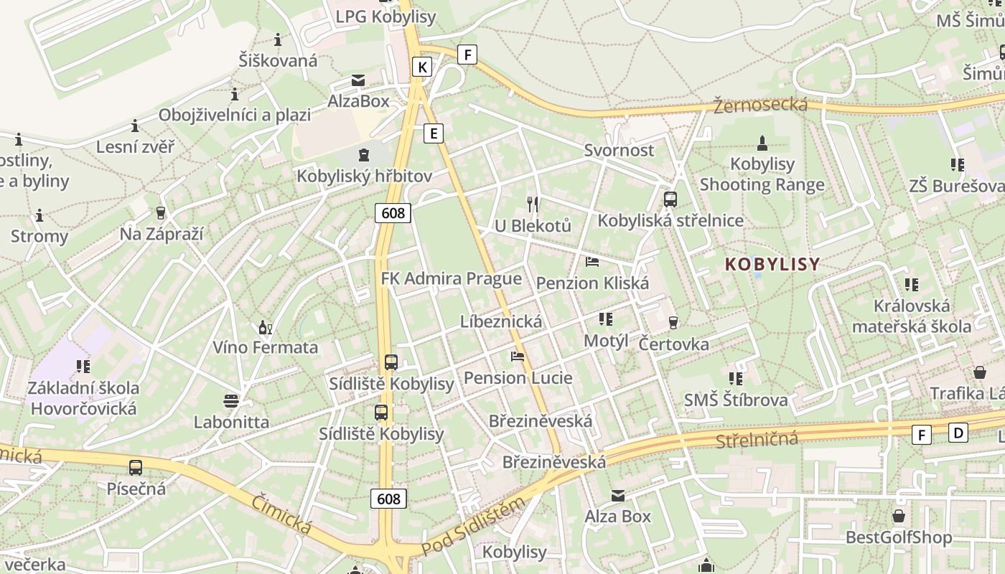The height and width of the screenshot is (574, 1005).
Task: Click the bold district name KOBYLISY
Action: tap(772, 264)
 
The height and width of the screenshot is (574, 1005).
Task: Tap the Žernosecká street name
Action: tap(760, 105)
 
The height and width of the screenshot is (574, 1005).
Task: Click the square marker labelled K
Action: tap(422, 67)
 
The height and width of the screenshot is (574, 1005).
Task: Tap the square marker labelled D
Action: tap(958, 433)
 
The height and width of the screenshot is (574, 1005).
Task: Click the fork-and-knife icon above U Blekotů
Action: tap(533, 204)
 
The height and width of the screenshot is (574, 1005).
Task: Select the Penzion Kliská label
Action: tap(592, 283)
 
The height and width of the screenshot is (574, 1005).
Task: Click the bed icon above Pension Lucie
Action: tap(518, 356)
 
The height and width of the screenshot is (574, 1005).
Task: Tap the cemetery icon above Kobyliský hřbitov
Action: tap(364, 154)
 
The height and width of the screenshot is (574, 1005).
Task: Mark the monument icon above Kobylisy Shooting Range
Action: tap(762, 143)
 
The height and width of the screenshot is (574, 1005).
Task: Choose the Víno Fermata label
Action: tap(265, 347)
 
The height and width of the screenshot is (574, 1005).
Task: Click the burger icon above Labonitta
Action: tap(231, 400)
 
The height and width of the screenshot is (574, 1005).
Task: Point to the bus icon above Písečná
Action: tap(136, 468)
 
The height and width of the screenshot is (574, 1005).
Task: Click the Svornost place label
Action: tap(619, 150)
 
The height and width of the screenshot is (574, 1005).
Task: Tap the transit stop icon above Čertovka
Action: tap(673, 323)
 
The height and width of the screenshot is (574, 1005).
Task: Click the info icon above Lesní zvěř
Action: tap(135, 126)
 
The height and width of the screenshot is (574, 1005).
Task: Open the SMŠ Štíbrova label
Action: tap(736, 400)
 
